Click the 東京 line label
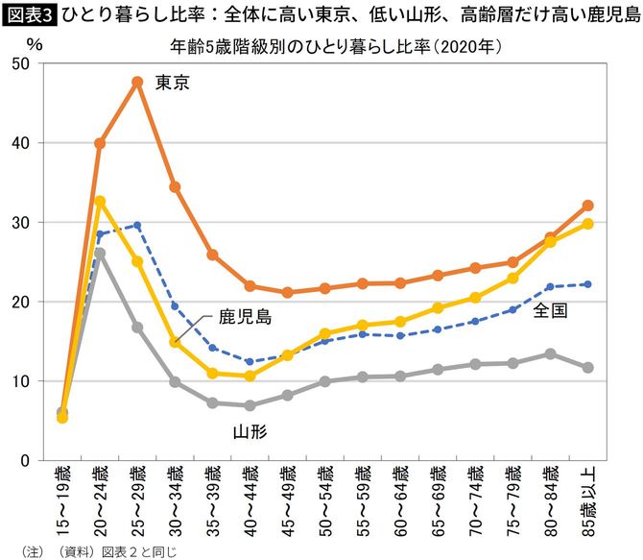[x=172, y=83]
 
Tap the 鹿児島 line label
[x=245, y=316]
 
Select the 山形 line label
[x=250, y=432]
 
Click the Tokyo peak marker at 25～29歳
[x=137, y=82]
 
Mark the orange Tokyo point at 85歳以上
[x=587, y=206]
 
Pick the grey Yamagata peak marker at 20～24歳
[x=100, y=254]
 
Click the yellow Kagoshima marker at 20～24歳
[x=100, y=201]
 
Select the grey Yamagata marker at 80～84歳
[x=550, y=353]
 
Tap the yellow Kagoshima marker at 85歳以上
[x=587, y=224]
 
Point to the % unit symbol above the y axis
[x=35, y=45]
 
